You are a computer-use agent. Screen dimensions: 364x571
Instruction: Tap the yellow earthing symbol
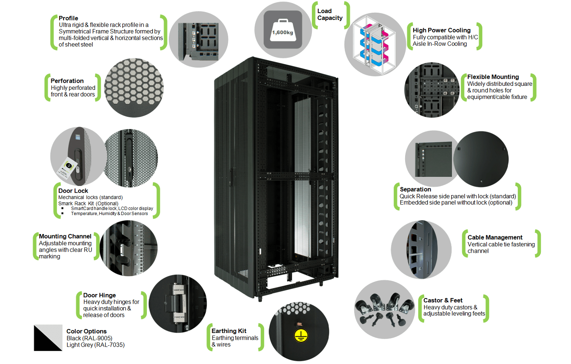pos(301,335)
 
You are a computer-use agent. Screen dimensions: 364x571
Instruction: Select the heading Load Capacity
pos(330,15)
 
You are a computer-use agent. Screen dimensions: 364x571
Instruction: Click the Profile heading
pos(68,18)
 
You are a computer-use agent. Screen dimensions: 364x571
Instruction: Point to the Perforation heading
pos(67,81)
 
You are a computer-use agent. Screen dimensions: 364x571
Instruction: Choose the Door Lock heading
pos(73,191)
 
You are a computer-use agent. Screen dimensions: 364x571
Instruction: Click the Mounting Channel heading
pos(65,236)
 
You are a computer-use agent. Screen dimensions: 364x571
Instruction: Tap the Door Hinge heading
pos(99,295)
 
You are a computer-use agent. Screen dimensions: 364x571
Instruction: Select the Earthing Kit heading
pos(229,331)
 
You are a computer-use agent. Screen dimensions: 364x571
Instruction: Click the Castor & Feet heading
pos(443,300)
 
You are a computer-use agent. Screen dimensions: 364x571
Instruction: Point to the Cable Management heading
pos(495,238)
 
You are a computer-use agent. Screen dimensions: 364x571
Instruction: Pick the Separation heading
pos(415,190)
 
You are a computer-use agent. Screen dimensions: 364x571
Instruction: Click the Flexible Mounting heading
pos(493,77)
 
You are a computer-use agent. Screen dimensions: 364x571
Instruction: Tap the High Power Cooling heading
pos(441,31)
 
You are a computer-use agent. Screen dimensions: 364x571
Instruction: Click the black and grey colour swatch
pos(48,338)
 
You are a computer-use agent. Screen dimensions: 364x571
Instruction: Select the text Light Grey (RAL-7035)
pos(95,345)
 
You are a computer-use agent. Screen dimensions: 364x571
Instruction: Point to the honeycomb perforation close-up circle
pos(134,88)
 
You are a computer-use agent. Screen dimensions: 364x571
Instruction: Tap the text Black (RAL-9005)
pos(89,338)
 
